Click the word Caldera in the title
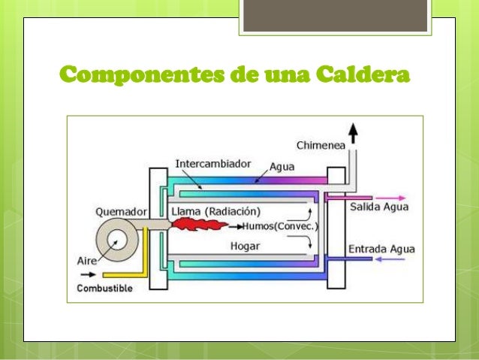363,76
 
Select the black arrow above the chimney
353,134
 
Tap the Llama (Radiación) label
216,210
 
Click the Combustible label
104,288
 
